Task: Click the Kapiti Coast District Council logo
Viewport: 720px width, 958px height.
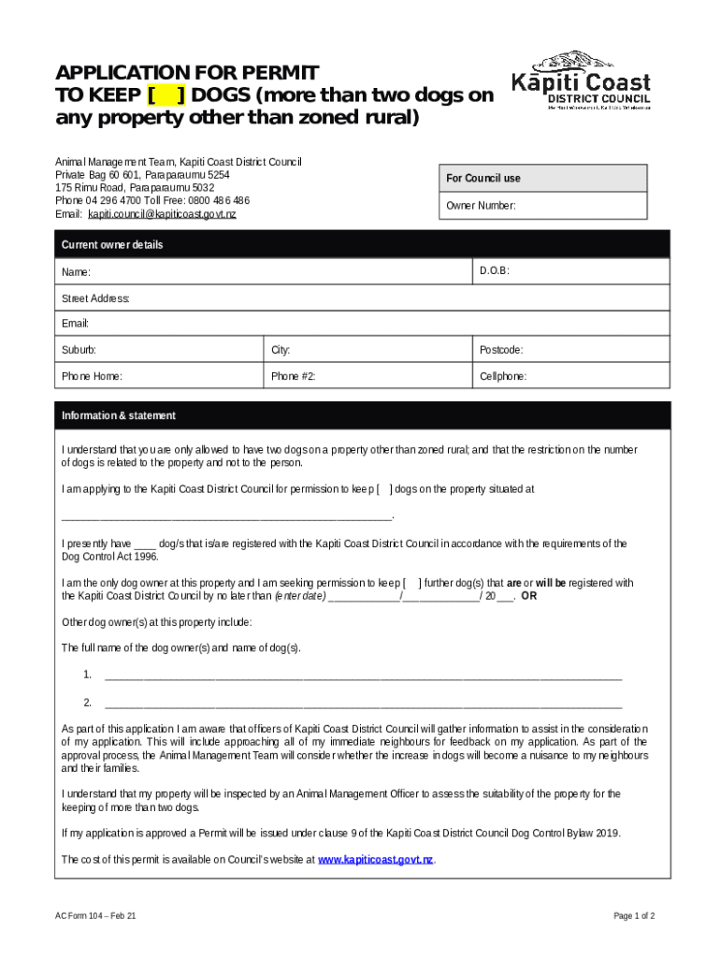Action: tap(581, 80)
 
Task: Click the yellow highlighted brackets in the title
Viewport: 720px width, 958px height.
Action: tap(166, 96)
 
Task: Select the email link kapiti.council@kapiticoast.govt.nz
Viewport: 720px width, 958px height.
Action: tap(162, 214)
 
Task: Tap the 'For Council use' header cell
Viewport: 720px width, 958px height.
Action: tap(542, 178)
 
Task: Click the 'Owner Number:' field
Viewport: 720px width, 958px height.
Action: tap(542, 206)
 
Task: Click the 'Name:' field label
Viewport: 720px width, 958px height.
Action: tap(77, 272)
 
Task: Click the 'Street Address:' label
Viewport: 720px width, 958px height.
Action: tap(95, 298)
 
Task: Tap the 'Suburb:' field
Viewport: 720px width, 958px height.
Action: tap(158, 350)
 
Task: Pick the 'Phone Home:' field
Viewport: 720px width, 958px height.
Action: tap(158, 376)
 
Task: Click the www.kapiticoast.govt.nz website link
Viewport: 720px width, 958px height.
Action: tap(375, 859)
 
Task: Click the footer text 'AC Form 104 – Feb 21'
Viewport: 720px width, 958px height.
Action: tap(96, 916)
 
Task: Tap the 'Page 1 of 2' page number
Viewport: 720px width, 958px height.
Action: tap(634, 916)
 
